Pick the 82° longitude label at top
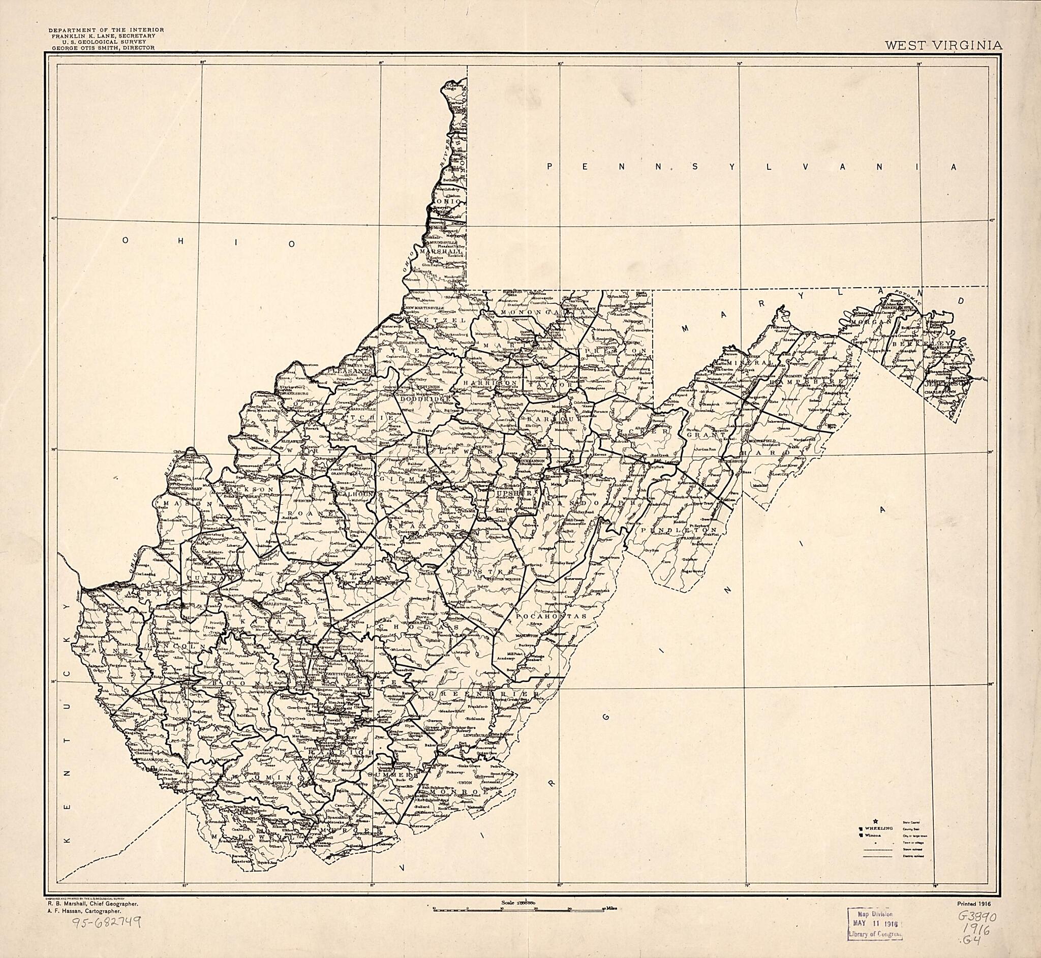203,63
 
